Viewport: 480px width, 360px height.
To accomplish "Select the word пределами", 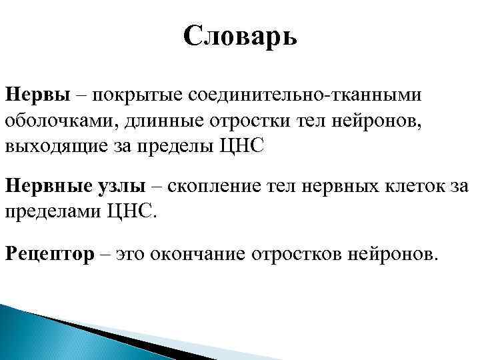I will tap(51, 214).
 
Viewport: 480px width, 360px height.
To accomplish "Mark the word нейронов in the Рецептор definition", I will tap(395, 254).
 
